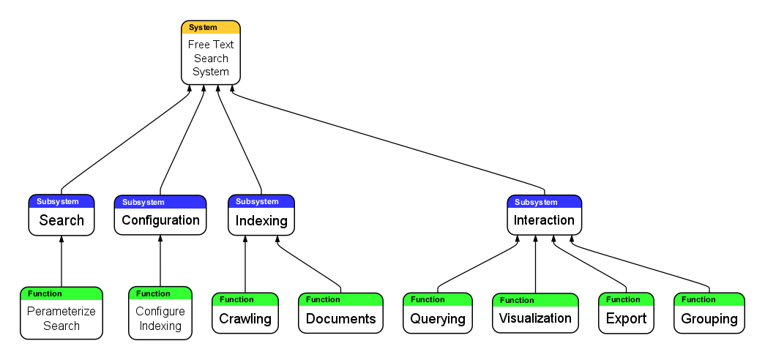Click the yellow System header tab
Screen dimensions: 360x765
210,28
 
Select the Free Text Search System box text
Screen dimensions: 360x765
211,59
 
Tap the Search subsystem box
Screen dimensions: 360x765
61,220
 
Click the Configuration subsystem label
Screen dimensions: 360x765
160,220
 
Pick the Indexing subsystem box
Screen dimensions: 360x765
261,220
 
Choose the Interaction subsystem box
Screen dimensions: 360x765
544,220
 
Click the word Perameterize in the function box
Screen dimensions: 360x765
61,311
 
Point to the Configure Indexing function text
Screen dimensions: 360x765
160,318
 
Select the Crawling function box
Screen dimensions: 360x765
245,318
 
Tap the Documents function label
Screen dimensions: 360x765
340,318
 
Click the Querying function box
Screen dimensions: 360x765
437,318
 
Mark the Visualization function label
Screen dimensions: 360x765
535,318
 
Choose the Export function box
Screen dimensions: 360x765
626,318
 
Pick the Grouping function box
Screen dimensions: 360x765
709,318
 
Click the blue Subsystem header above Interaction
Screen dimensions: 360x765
544,202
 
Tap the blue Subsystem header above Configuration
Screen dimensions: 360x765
160,202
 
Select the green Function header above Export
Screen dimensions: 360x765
626,299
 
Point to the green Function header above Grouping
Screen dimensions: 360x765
709,299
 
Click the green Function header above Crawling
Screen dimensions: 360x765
245,299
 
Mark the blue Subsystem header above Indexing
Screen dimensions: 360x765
261,201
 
